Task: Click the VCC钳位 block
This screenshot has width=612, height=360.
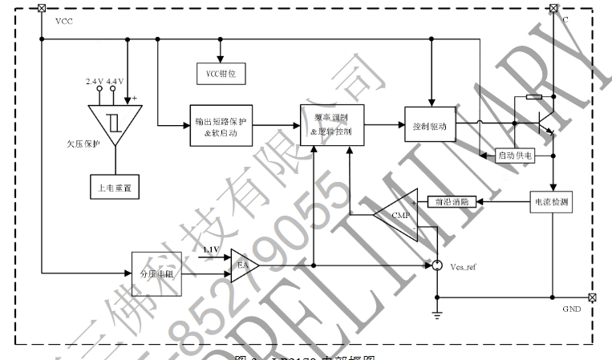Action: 220,74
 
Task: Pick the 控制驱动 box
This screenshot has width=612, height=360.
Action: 432,127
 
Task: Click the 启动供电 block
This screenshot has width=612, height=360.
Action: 515,155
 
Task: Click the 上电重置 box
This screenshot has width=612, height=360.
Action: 114,188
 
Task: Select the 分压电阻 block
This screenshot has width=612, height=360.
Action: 157,273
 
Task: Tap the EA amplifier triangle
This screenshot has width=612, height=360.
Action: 241,265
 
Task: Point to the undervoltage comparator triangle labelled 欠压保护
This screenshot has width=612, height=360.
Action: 113,124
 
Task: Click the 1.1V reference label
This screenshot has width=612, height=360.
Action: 210,251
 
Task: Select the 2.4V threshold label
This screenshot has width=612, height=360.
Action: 95,82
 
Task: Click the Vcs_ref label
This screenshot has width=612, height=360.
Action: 465,265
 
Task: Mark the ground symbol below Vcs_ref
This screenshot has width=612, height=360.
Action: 436,313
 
